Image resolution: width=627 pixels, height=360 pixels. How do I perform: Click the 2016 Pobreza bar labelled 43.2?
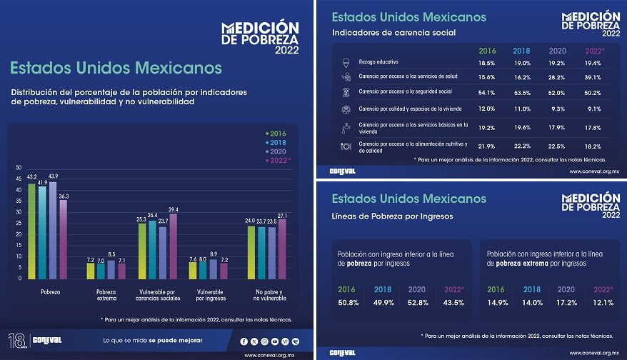pos(32,231)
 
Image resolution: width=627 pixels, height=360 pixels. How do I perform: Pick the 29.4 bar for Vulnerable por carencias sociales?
pos(173,246)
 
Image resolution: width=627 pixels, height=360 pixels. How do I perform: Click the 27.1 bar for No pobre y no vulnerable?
pos(282,249)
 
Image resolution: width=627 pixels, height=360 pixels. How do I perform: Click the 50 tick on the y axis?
pos(19,167)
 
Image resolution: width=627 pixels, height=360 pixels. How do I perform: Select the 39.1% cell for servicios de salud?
pos(594,77)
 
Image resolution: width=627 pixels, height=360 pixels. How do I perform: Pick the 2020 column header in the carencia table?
pos(558,51)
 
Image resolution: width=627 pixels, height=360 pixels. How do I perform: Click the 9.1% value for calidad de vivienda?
pos(594,109)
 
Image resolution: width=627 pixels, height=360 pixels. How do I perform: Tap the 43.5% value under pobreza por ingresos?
pos(453,302)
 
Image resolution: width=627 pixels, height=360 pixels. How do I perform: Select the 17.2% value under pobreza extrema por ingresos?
pos(568,302)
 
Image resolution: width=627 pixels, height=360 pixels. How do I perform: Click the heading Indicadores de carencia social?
pos(394,33)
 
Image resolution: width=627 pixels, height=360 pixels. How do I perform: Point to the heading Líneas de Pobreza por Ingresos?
pos(393,216)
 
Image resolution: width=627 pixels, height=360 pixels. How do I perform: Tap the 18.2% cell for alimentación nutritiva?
pos(594,146)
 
